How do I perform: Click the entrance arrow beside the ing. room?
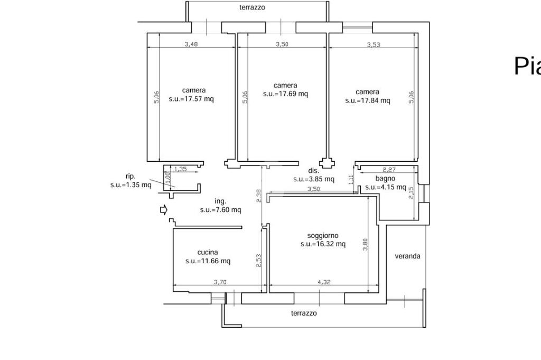click(x=163, y=210)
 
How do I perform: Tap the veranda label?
click(x=408, y=256)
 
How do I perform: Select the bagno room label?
click(x=385, y=179)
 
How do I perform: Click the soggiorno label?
click(x=323, y=236)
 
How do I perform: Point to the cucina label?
click(x=208, y=253)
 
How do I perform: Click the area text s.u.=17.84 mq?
click(x=368, y=100)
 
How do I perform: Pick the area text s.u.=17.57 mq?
click(x=191, y=99)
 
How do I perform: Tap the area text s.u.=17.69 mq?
click(x=285, y=94)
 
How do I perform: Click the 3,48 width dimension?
click(x=191, y=44)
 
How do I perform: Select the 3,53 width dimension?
click(x=374, y=45)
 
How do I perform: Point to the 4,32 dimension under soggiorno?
click(x=324, y=282)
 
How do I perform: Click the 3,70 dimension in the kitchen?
click(x=220, y=282)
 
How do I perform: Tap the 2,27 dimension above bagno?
click(x=389, y=170)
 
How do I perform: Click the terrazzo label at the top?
click(x=252, y=8)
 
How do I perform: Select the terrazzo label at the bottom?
click(x=304, y=313)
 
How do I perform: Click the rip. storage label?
click(x=130, y=177)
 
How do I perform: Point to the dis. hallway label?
click(x=314, y=171)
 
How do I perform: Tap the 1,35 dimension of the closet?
click(x=181, y=169)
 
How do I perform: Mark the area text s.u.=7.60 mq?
click(x=220, y=210)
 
